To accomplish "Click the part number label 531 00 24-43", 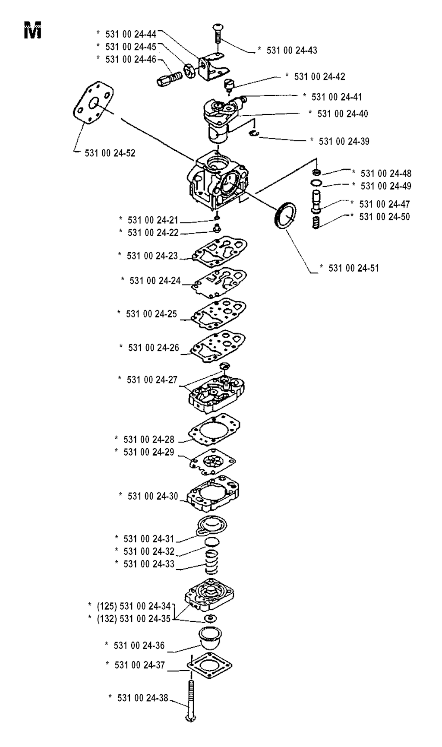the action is [x=292, y=51].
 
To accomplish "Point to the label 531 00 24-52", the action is [x=110, y=153].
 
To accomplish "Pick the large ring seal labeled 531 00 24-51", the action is [x=285, y=215].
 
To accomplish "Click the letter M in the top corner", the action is [x=33, y=32].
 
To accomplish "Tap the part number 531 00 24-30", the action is [x=153, y=496].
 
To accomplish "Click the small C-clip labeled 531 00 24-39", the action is [x=254, y=134].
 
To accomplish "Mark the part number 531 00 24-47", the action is [x=385, y=204].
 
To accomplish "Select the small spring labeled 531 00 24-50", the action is [x=317, y=223].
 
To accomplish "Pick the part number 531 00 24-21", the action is [x=153, y=220].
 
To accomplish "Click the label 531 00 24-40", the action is [x=343, y=114].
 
